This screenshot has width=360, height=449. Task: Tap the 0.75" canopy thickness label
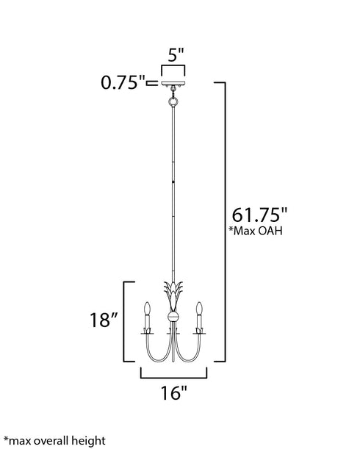pyautogui.click(x=123, y=82)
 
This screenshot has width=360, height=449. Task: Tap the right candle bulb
pyautogui.click(x=200, y=306)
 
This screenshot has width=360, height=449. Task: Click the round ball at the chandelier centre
pyautogui.click(x=173, y=317)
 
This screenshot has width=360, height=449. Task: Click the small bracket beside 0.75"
pyautogui.click(x=153, y=83)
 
